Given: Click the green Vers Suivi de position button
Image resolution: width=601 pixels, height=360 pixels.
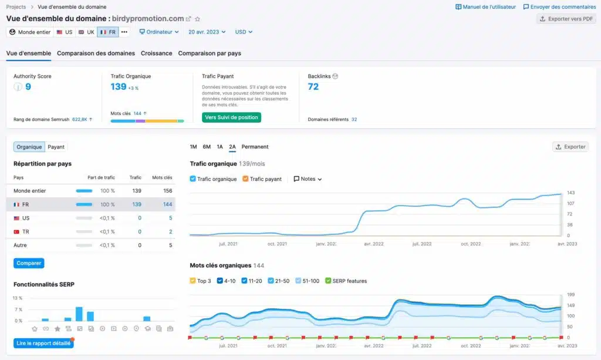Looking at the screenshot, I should coord(231,117).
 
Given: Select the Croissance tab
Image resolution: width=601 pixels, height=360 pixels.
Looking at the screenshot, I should coord(156,53).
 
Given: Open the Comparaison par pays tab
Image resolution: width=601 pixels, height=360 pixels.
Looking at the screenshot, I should coord(210,53).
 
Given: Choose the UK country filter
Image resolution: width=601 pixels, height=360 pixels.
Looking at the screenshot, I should coord(86,32).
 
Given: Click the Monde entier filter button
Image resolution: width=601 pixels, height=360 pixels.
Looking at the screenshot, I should coord(30,32).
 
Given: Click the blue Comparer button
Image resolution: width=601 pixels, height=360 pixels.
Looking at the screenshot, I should coord(29,263).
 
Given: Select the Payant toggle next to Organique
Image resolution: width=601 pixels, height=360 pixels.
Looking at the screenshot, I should coord(56,147).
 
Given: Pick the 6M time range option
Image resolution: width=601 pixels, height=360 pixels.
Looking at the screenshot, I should coord(207,147).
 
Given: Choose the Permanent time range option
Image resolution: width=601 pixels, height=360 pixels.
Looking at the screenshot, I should coord(255,147).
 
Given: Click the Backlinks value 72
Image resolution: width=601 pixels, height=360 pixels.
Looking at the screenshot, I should coord(313,87).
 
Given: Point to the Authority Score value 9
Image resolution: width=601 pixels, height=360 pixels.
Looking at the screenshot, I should coord(28,87).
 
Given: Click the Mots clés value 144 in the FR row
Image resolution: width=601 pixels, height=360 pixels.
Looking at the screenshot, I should coord(167,204).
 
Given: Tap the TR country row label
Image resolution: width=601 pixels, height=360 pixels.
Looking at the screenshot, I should coord(26,231).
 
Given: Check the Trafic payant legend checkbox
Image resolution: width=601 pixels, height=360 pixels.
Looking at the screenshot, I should coord(246,179).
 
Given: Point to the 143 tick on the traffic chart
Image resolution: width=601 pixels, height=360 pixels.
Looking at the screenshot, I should coord(570,193).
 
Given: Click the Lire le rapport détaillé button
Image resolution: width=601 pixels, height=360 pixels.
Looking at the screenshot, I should coord(43,344).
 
